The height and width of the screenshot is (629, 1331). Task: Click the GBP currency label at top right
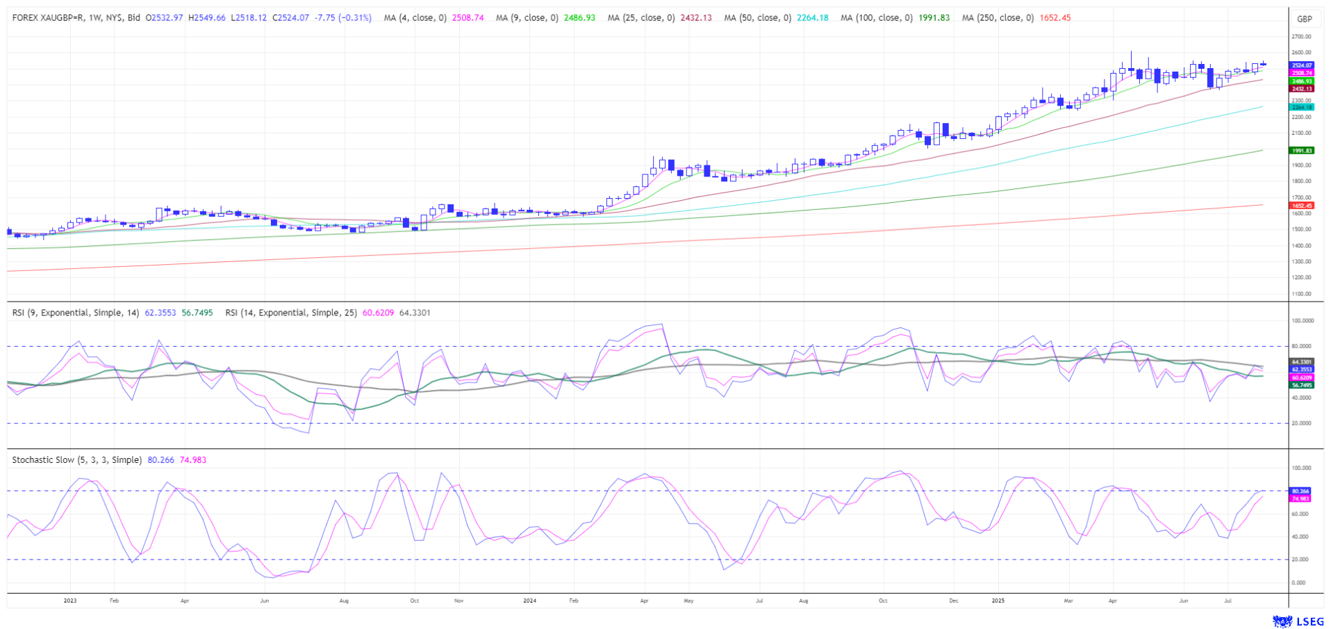(1305, 19)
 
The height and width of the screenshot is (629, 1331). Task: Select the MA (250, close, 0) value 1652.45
(1055, 18)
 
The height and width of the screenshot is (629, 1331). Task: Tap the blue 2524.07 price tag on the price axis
(1301, 65)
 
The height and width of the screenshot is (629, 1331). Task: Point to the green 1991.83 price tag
(1301, 151)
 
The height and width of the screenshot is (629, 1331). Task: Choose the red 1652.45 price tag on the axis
(1301, 206)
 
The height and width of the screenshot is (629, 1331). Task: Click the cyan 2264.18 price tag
(1301, 107)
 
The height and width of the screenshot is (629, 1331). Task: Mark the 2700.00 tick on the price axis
(1301, 37)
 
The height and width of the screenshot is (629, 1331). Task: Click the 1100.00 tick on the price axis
(1301, 294)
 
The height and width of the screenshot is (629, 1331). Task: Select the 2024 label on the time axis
(529, 601)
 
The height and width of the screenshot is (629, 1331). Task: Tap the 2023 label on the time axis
(69, 601)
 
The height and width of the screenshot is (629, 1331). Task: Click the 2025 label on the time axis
(998, 601)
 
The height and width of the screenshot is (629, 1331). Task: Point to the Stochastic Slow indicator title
(76, 460)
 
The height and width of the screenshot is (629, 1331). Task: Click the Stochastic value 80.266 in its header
(160, 460)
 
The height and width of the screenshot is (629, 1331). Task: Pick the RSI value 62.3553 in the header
(160, 313)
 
